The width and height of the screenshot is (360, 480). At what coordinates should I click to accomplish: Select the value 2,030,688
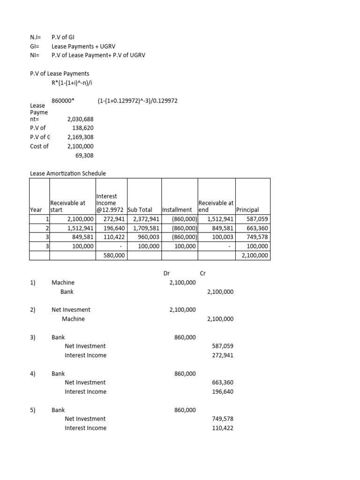click(81, 119)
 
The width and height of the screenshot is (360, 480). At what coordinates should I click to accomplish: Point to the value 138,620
click(83, 128)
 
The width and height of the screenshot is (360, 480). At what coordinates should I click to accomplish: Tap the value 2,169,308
click(81, 137)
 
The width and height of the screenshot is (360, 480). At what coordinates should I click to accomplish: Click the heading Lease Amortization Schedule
click(68, 173)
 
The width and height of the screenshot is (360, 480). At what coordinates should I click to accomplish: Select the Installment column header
click(177, 210)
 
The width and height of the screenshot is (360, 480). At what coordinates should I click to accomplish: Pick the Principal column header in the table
click(247, 210)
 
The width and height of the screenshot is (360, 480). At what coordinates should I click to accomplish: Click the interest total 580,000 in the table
click(112, 255)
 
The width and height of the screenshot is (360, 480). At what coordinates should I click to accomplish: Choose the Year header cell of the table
click(36, 210)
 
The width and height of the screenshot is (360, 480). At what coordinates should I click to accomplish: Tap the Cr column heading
click(203, 273)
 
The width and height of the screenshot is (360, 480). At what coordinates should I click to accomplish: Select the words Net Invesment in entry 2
click(71, 309)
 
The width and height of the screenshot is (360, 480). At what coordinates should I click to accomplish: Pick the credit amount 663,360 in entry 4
click(223, 382)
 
